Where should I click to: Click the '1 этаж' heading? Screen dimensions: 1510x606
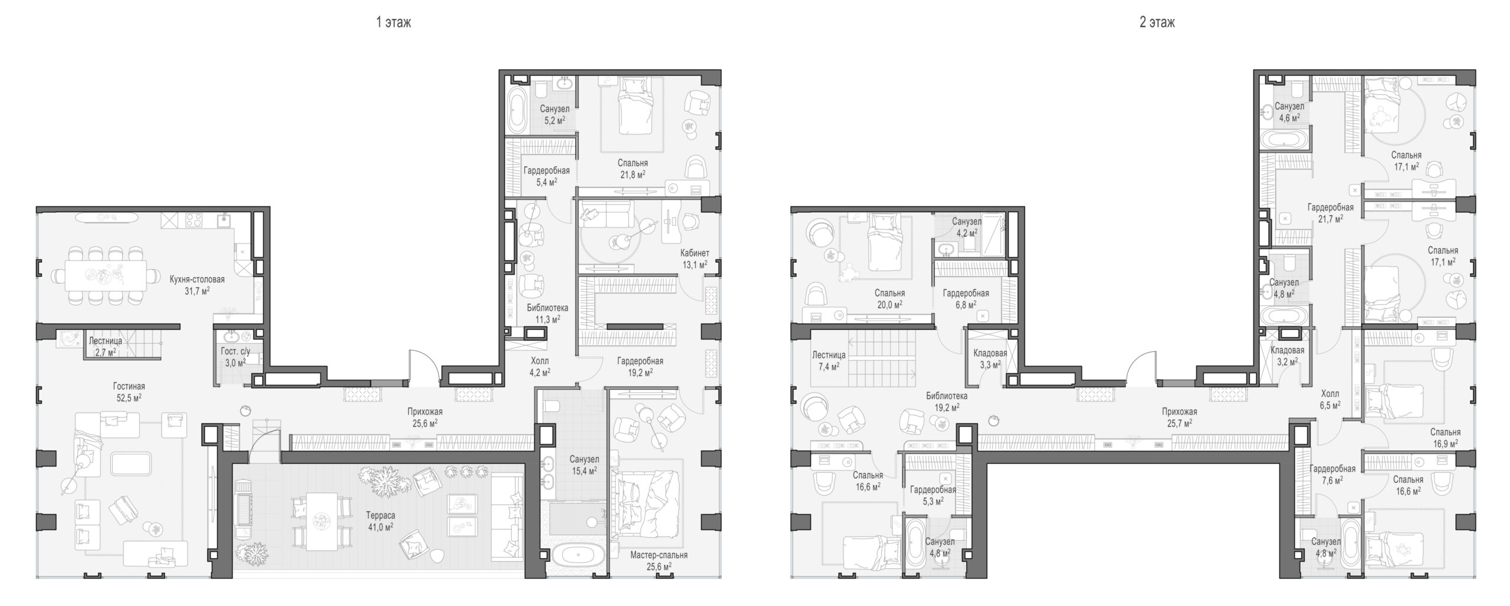(x=393, y=23)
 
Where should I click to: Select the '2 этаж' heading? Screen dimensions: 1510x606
(x=1157, y=23)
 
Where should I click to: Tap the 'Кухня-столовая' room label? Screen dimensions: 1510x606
(x=197, y=279)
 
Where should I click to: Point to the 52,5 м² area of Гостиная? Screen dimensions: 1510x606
(x=129, y=397)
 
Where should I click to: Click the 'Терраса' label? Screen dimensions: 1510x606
(x=380, y=515)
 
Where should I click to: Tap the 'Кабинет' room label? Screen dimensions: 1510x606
(x=695, y=253)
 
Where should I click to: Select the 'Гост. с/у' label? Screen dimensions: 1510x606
(x=235, y=351)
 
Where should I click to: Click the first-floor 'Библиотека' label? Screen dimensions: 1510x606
(x=547, y=308)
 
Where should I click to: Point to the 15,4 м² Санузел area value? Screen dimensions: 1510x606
(x=585, y=470)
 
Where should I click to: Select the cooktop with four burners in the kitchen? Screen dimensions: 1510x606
(x=194, y=220)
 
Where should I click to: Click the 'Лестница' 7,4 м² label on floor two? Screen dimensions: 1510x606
(x=829, y=355)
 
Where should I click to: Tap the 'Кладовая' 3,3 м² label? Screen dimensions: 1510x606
(x=990, y=354)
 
